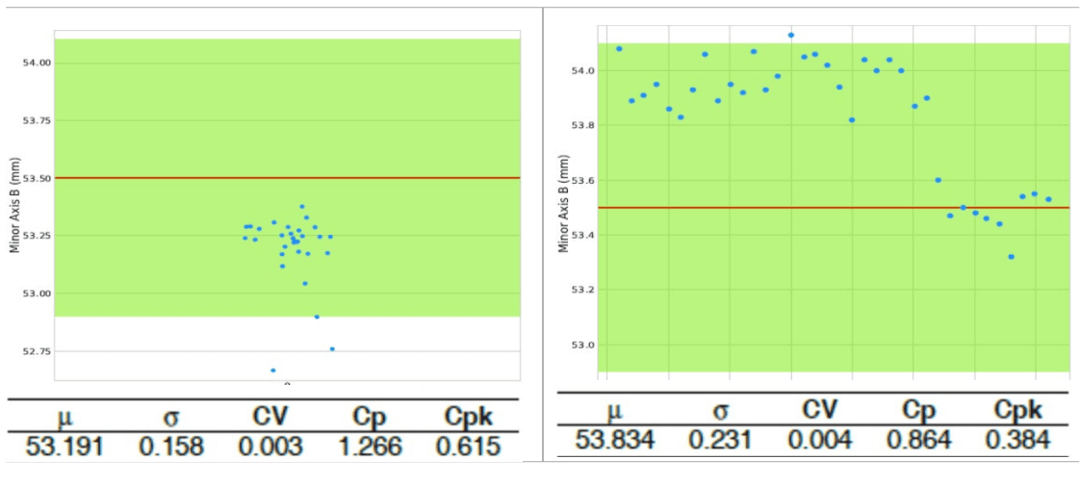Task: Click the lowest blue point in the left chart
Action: click(273, 370)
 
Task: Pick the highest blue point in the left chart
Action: click(301, 207)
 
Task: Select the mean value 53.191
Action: click(64, 447)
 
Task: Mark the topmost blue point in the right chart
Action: click(791, 35)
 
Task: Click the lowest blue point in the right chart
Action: click(1011, 257)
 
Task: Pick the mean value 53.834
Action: click(615, 441)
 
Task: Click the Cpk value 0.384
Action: click(1018, 441)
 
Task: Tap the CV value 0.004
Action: click(818, 441)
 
